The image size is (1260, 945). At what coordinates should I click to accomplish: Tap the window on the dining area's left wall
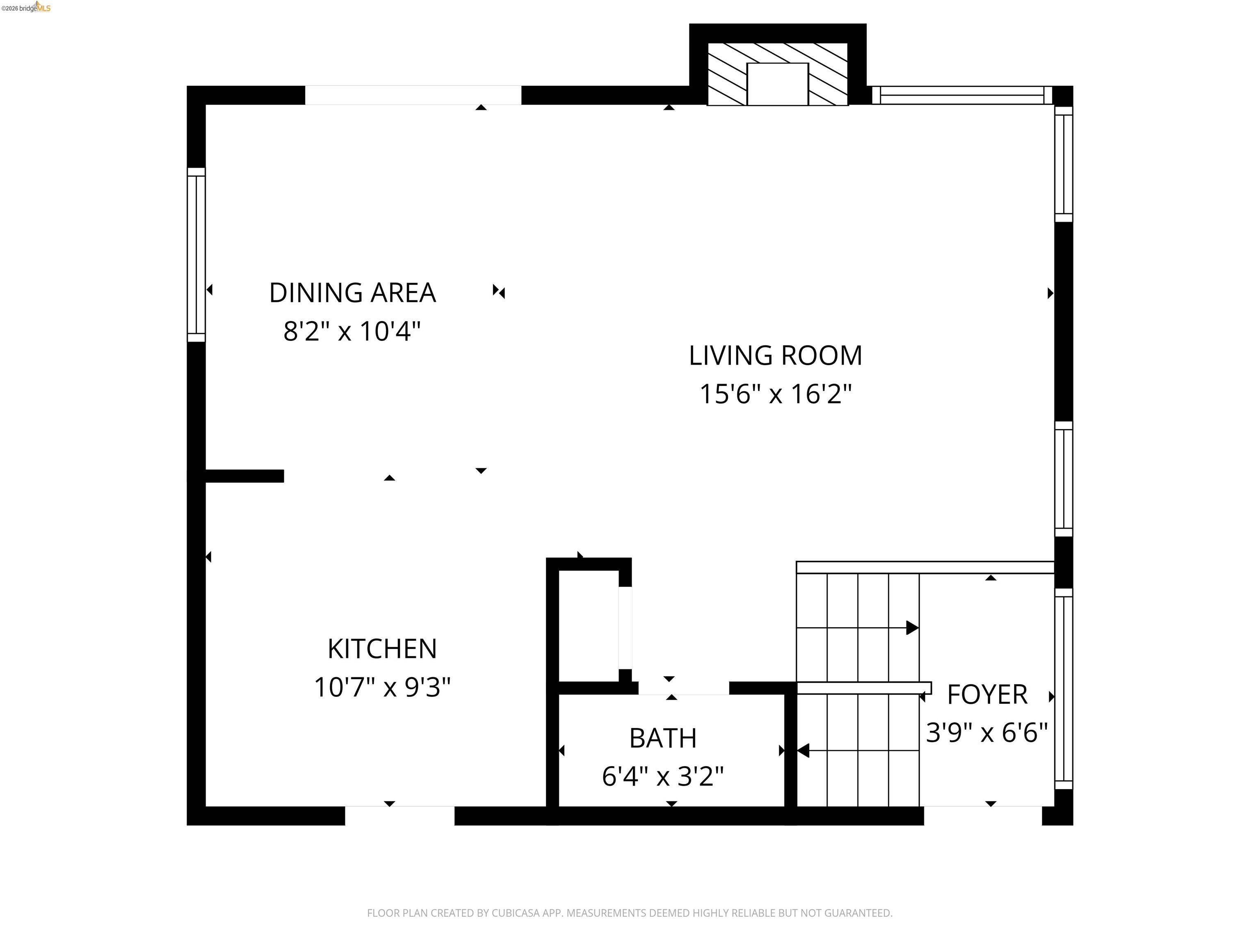(196, 255)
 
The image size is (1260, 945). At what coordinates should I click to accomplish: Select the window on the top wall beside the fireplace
(961, 95)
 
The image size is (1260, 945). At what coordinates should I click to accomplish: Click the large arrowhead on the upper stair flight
(912, 628)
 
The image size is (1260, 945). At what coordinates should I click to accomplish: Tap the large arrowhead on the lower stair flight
(803, 750)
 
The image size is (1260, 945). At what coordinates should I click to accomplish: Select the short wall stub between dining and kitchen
(244, 476)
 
